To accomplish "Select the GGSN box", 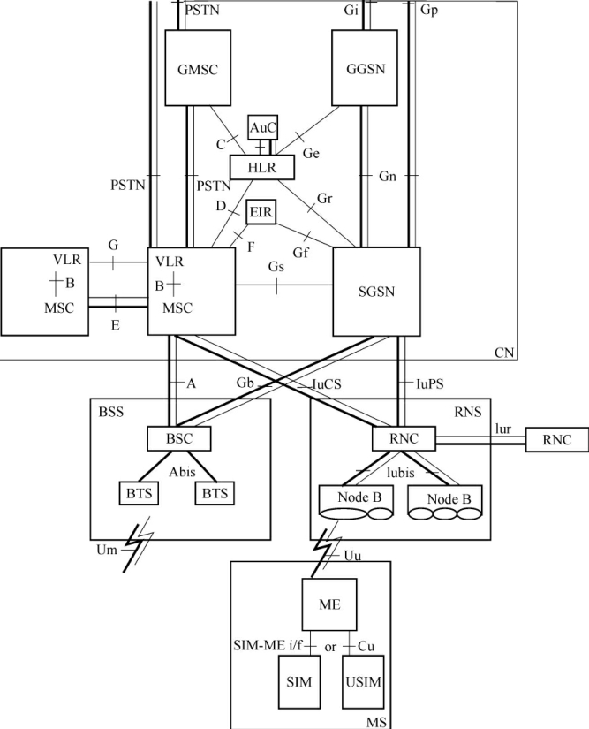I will [x=361, y=68].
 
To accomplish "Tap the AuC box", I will [x=262, y=128].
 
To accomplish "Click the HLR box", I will [x=261, y=165].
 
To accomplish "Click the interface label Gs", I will [x=276, y=266].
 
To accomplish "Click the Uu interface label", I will [x=351, y=554].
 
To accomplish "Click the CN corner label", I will [x=504, y=353].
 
